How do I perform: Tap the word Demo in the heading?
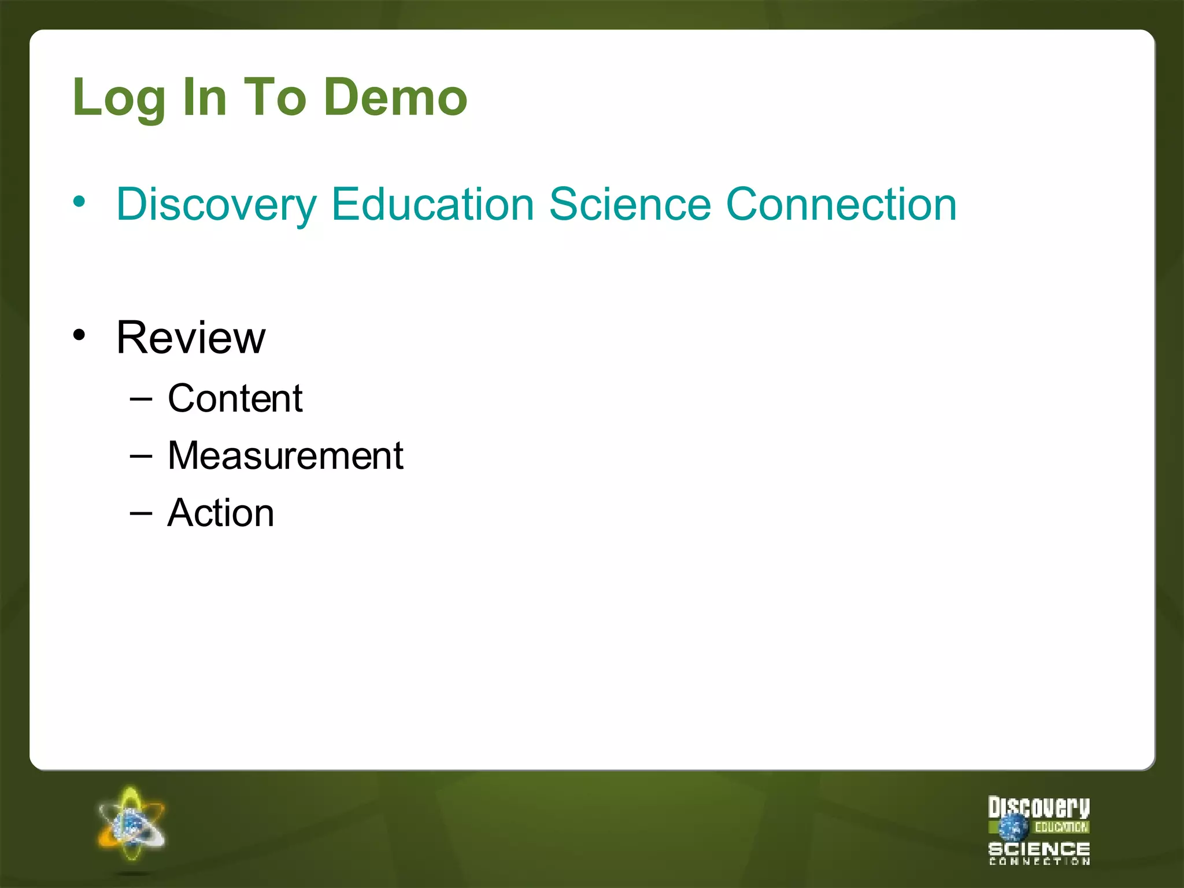(x=395, y=97)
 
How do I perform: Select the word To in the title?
(x=275, y=97)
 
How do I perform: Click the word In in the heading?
(x=204, y=97)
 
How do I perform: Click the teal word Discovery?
(x=216, y=205)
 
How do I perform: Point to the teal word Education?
(x=432, y=205)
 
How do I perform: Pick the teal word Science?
(x=630, y=205)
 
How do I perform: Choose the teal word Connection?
(x=841, y=205)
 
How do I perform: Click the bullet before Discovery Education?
(x=79, y=202)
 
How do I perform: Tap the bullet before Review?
(x=79, y=335)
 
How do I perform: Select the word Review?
(x=191, y=338)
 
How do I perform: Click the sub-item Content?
(x=235, y=399)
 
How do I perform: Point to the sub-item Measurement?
(x=285, y=456)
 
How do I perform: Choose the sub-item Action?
(x=220, y=513)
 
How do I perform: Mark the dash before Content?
(x=141, y=399)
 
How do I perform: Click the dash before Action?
(x=141, y=513)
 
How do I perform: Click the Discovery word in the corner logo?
(x=1038, y=807)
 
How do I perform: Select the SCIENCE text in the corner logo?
(x=1039, y=849)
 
